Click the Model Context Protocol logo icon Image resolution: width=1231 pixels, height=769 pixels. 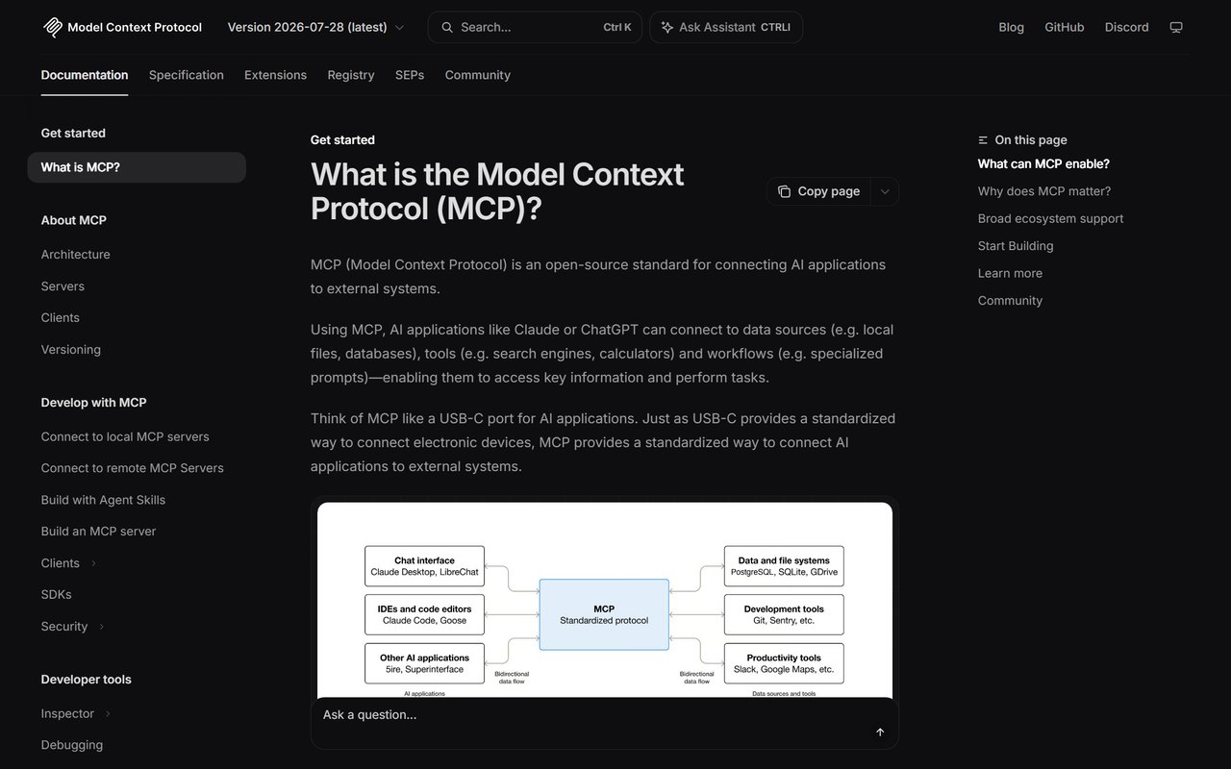point(53,27)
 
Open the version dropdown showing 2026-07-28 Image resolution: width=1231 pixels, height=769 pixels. point(315,27)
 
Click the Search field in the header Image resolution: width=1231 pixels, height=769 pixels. point(535,27)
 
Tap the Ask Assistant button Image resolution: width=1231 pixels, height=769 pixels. point(726,27)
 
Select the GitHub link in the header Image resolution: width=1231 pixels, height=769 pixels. point(1064,27)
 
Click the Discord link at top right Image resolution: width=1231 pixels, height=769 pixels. point(1126,27)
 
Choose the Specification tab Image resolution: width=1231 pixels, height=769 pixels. point(187,75)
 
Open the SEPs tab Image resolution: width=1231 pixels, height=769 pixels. point(410,75)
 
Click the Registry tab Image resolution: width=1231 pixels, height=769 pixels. point(351,75)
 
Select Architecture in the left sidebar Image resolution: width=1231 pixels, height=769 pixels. point(75,255)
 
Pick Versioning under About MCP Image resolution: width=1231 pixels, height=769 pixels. point(71,349)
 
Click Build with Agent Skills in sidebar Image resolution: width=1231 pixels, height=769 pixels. point(103,500)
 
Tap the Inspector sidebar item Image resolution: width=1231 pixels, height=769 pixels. point(67,713)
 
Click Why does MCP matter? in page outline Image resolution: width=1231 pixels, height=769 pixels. point(1044,191)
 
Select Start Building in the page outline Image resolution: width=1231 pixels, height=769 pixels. point(1016,245)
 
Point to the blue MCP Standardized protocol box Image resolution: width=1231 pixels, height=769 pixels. point(604,614)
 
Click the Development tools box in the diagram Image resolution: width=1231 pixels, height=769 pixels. point(784,614)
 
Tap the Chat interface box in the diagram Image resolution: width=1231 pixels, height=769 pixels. point(424,566)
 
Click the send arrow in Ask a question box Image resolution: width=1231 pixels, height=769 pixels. point(880,732)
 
